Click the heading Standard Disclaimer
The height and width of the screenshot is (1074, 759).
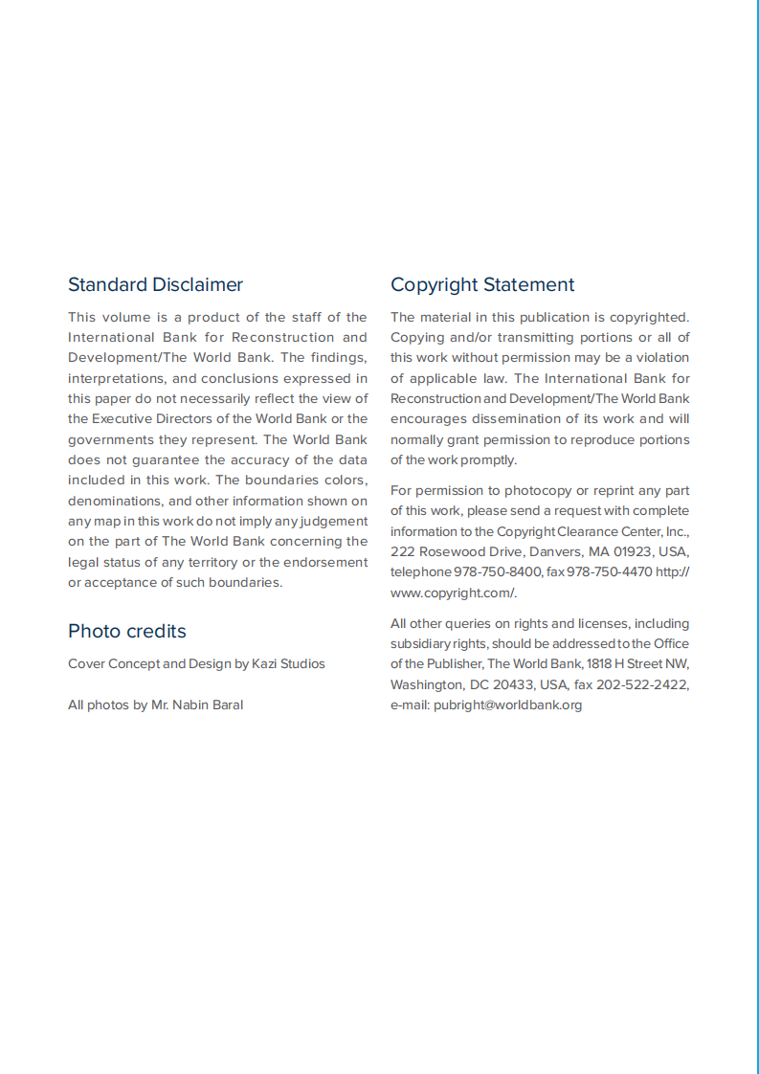pyautogui.click(x=155, y=284)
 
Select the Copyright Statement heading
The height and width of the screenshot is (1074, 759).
pyautogui.click(x=482, y=284)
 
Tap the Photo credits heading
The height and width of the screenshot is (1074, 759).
pyautogui.click(x=127, y=631)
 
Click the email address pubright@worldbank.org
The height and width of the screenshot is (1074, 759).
pyautogui.click(x=507, y=705)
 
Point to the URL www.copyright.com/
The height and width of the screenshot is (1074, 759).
pyautogui.click(x=454, y=593)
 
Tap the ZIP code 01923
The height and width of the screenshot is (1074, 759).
pyautogui.click(x=609, y=552)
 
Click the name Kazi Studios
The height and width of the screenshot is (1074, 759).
pyautogui.click(x=288, y=664)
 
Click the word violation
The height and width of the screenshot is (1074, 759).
pyautogui.click(x=659, y=358)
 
